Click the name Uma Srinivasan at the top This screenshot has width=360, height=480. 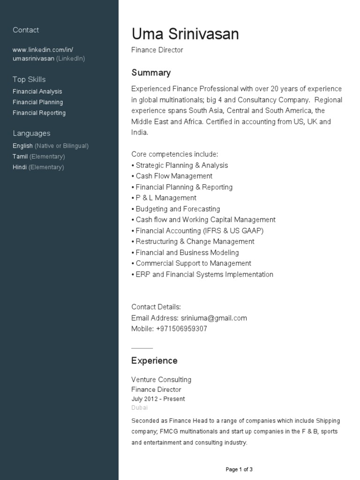[x=185, y=34]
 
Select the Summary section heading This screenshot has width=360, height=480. [x=151, y=73]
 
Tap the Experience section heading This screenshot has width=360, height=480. [x=154, y=360]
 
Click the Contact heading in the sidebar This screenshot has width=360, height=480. [x=26, y=30]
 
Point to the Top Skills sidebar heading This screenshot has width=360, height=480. [x=29, y=79]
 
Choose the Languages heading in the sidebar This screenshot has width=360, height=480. [x=31, y=133]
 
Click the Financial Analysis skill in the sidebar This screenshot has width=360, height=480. [x=37, y=91]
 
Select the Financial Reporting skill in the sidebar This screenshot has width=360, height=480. [x=39, y=113]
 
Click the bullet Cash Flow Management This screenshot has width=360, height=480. [x=173, y=176]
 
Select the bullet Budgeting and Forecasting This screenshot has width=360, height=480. [x=177, y=209]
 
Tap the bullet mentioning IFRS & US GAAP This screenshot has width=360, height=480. [x=199, y=231]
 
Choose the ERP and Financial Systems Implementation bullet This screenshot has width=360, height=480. [x=204, y=274]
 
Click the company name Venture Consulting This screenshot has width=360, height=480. [x=161, y=380]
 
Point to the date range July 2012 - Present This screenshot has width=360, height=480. [x=158, y=399]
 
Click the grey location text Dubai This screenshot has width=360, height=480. [x=139, y=408]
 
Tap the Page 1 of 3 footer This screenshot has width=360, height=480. [x=239, y=469]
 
